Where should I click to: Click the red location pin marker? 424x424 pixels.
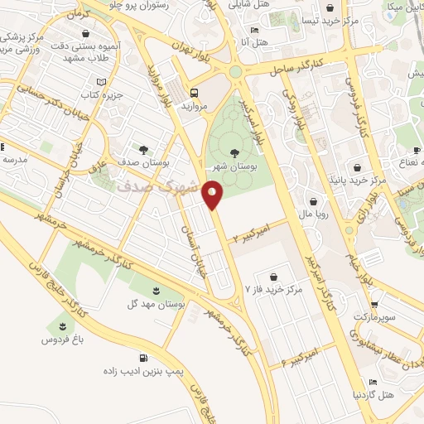[214, 195]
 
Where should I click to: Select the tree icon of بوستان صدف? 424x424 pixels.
[144, 150]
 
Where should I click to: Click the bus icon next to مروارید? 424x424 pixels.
[194, 93]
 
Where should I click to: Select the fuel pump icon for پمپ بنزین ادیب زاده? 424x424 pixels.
[145, 359]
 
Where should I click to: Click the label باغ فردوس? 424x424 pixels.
[61, 339]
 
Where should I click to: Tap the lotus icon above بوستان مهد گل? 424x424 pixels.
[156, 289]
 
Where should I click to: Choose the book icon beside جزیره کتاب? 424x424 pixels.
[101, 82]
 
